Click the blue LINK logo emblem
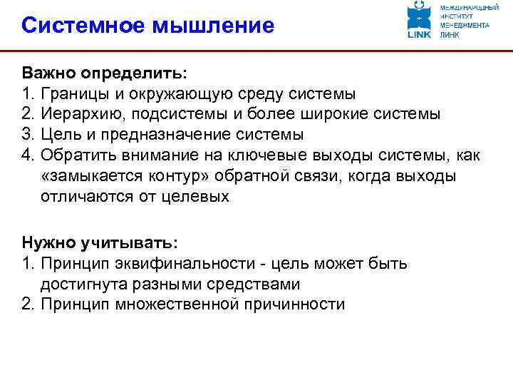coord(419,19)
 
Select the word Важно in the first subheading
coord(48,73)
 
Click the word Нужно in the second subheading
coord(46,243)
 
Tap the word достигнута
coord(81,284)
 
